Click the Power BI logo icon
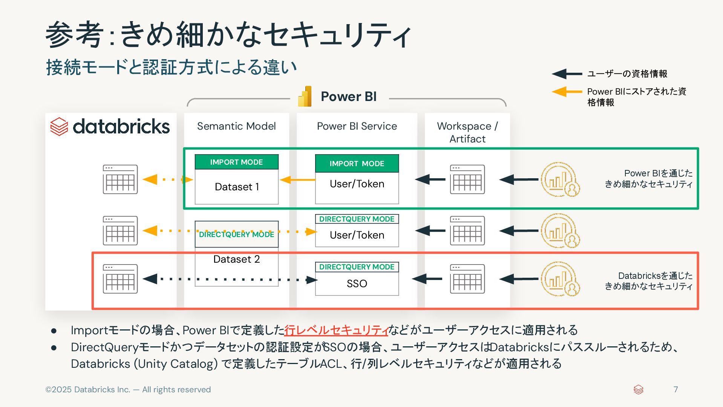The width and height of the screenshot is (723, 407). pos(305,96)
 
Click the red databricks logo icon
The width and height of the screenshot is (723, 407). pos(59,126)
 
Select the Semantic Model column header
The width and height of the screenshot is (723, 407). pos(236,126)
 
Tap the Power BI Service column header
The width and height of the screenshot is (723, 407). pos(357,126)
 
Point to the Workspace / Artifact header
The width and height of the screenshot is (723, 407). pos(467,132)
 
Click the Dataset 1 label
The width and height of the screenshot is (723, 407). pos(237,187)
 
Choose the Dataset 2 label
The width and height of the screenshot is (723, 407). pos(237,259)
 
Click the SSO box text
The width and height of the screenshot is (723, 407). pos(357,283)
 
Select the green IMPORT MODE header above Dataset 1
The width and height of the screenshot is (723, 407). pos(237,162)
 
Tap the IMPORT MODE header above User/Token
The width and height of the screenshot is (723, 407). pos(357,164)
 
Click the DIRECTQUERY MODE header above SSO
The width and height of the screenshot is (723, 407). pos(357,267)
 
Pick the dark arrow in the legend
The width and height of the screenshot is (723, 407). pos(567,74)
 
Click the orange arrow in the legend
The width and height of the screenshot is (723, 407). pos(567,92)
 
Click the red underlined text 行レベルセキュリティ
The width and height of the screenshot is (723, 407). pos(336,330)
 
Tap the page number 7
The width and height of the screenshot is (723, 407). pos(676,389)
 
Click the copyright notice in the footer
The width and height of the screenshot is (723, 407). pos(128,390)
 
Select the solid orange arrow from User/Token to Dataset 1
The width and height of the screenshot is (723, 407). pos(297,180)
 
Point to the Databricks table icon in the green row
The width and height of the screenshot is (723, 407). pos(120,179)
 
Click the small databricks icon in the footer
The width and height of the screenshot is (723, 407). pos(639,390)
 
